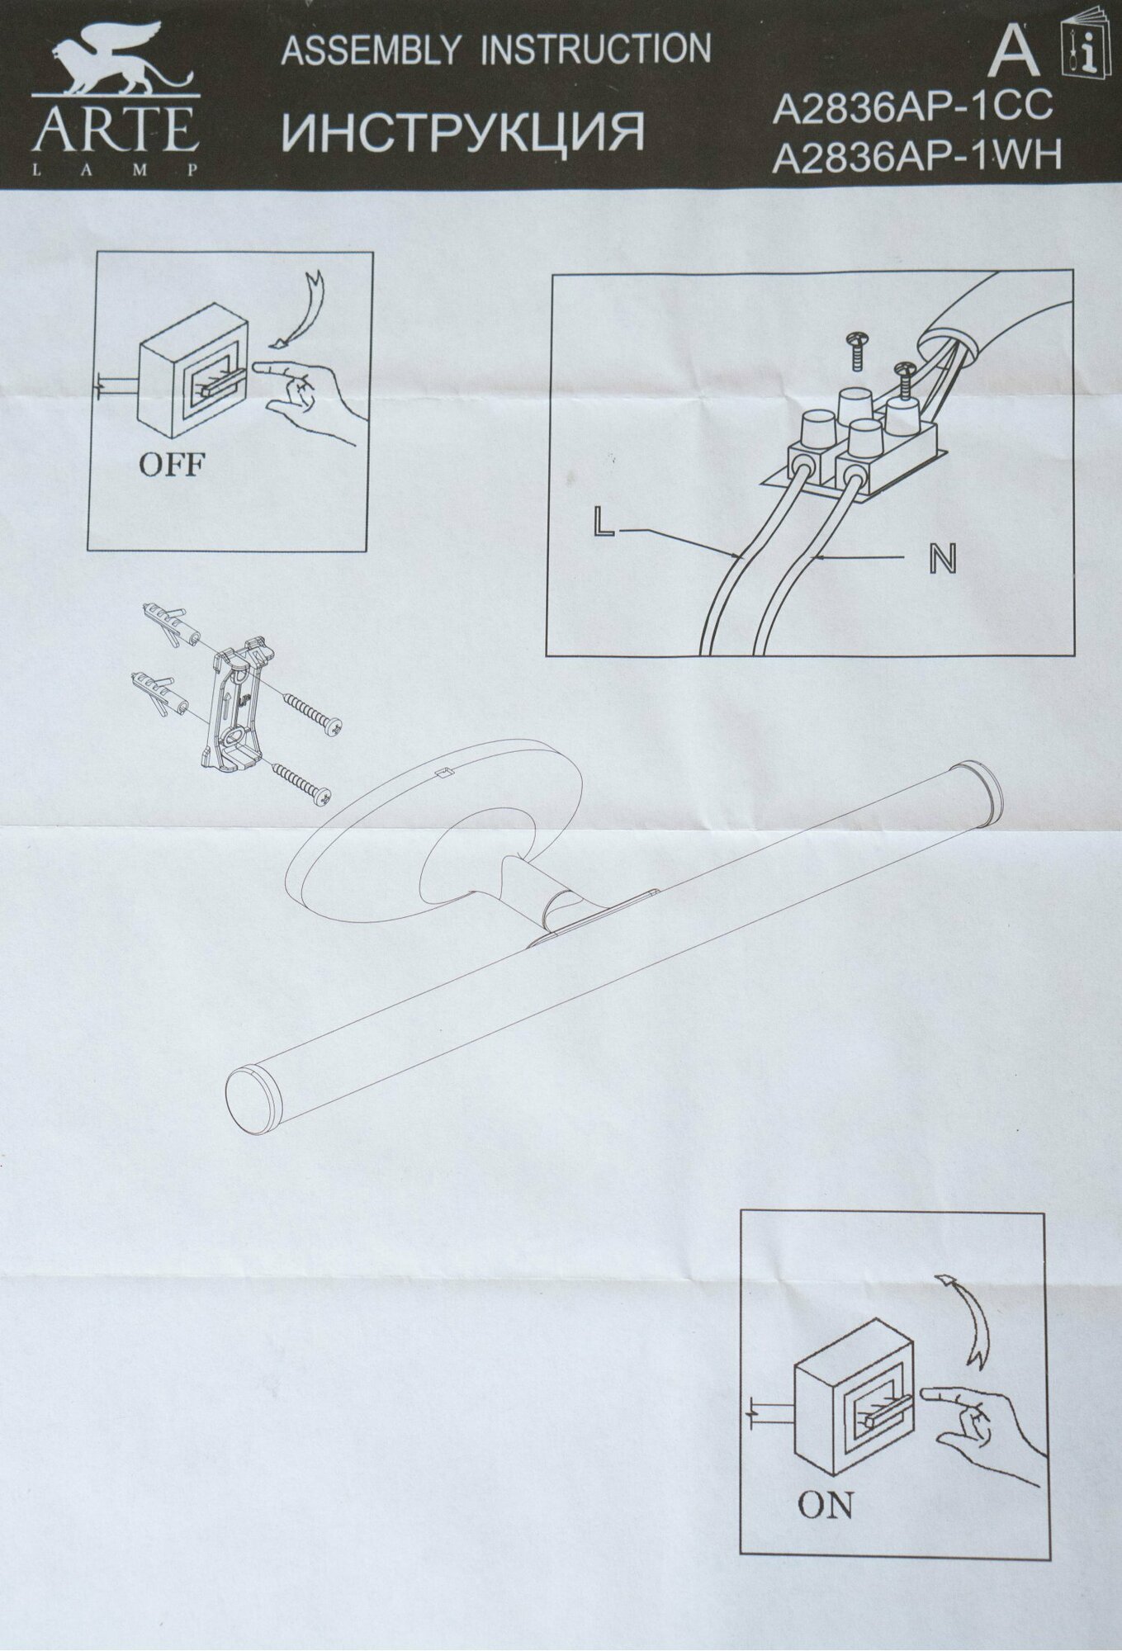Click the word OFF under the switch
click(171, 465)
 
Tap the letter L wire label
click(604, 524)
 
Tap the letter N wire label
click(942, 560)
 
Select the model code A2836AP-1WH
click(916, 157)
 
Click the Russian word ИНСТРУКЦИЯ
click(462, 132)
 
